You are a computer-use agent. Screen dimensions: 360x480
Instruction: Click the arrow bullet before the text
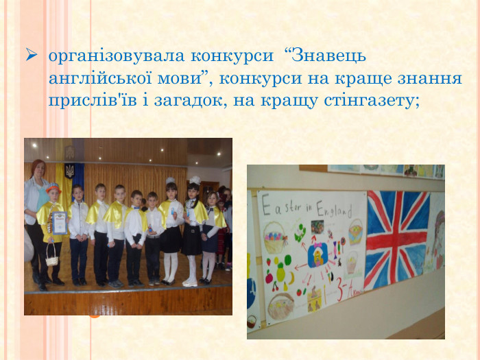[30, 53]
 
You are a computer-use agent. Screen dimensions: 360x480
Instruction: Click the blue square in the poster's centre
[318, 256]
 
